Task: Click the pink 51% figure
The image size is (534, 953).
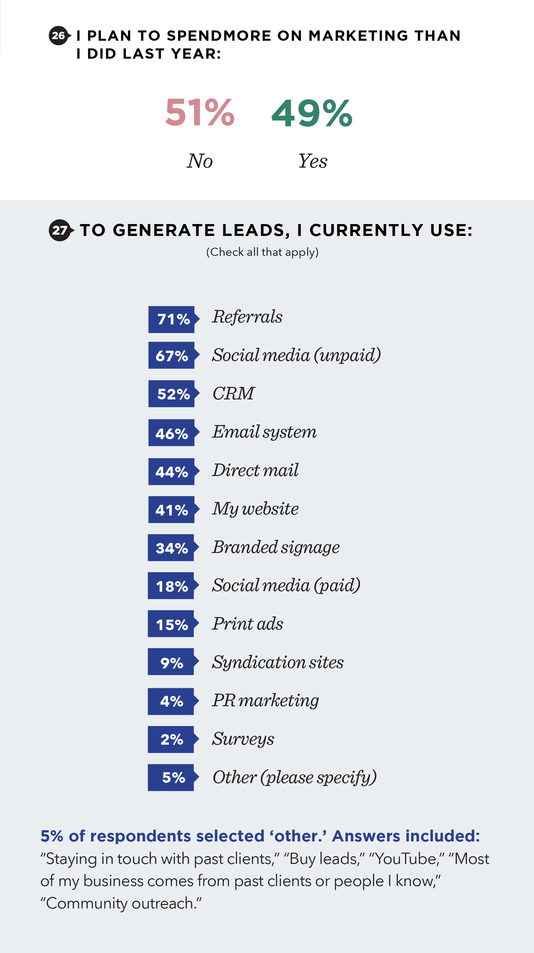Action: point(200,113)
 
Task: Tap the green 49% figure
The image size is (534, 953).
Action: point(312,113)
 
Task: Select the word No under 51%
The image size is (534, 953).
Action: point(200,161)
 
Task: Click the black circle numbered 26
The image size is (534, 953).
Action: point(58,36)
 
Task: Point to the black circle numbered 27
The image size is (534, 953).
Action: point(59,230)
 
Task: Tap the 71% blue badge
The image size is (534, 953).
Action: point(172,319)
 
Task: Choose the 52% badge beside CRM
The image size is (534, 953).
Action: point(172,394)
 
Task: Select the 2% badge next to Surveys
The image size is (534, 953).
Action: point(172,739)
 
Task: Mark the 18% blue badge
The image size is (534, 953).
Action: point(172,586)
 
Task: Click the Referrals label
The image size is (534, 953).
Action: point(247,317)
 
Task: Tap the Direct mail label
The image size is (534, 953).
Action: point(255,470)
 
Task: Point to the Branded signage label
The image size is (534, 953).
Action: point(276,547)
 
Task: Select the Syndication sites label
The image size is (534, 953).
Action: point(278,662)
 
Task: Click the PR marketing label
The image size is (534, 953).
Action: point(266,700)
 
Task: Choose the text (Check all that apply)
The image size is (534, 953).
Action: point(262,252)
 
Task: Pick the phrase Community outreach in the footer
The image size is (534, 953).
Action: point(120,903)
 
